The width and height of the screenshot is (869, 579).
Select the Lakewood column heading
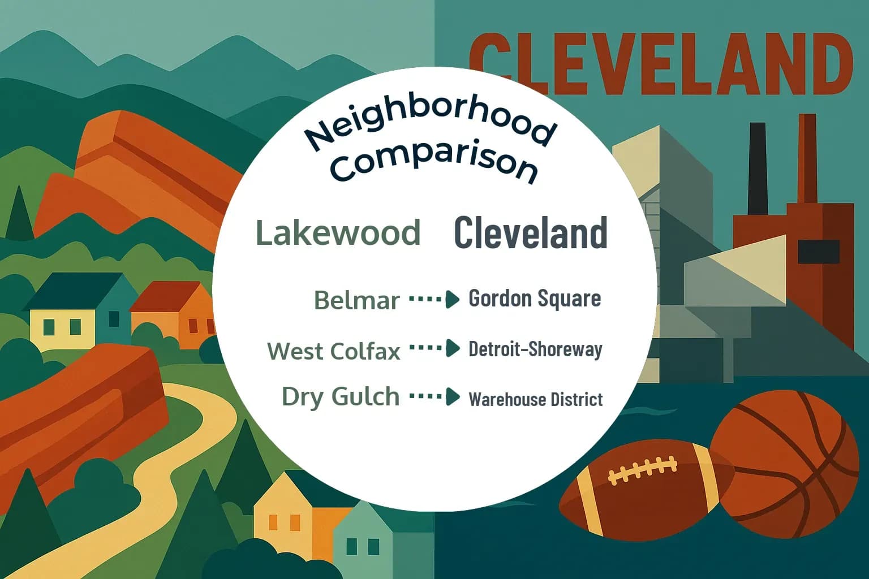coord(338,232)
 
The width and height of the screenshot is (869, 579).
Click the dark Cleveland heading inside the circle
coord(531,232)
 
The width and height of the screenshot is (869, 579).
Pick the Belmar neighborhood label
coord(356,300)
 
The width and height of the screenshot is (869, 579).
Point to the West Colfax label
coord(334,351)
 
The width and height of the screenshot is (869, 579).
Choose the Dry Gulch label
coord(341,396)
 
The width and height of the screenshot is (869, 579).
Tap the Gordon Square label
coord(535,299)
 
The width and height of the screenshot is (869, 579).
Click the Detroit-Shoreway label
coord(535,349)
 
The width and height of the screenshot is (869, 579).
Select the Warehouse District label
coord(535,399)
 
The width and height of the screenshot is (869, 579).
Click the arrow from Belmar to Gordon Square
coord(434,299)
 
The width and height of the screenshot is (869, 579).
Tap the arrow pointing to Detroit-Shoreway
coord(434,348)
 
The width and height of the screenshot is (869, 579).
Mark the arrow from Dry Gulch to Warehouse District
coord(434,396)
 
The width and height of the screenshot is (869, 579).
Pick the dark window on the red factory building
coord(818,251)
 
